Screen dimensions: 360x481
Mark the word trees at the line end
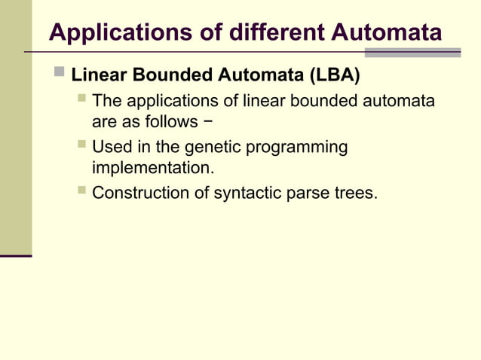click(357, 193)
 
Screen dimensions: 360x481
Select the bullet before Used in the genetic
click(81, 145)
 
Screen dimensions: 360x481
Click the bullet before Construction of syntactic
click(81, 192)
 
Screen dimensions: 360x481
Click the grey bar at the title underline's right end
click(412, 53)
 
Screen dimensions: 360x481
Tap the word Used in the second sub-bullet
click(110, 146)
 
